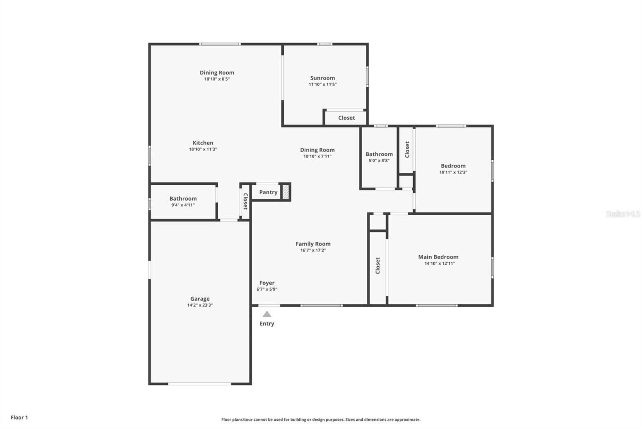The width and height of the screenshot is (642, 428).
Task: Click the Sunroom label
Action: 322,78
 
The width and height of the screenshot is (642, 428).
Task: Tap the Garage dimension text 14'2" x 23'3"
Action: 200,305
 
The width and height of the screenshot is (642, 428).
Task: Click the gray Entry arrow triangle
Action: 267,314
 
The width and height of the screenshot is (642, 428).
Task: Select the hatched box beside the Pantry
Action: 286,192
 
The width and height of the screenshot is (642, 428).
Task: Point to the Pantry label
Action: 268,192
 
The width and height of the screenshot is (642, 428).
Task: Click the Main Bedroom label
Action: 438,257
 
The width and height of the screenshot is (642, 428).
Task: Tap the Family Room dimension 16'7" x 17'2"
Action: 313,250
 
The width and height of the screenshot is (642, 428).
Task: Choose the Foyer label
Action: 267,283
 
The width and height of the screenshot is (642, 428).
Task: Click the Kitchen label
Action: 203,143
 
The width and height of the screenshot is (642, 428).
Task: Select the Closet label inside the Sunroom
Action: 346,118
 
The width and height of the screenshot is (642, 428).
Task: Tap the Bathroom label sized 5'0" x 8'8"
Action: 379,154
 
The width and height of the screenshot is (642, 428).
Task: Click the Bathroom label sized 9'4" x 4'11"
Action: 183,198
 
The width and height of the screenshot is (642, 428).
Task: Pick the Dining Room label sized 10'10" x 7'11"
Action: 317,150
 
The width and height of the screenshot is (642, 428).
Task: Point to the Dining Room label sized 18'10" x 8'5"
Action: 217,73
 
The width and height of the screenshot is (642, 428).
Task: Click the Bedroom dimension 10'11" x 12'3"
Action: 453,172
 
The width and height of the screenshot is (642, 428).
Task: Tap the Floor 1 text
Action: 19,418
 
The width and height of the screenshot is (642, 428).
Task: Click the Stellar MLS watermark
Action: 623,214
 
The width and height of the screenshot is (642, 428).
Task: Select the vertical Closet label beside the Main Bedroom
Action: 378,266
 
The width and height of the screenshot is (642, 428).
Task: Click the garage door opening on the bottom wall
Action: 199,384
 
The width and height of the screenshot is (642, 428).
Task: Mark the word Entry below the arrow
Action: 267,324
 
